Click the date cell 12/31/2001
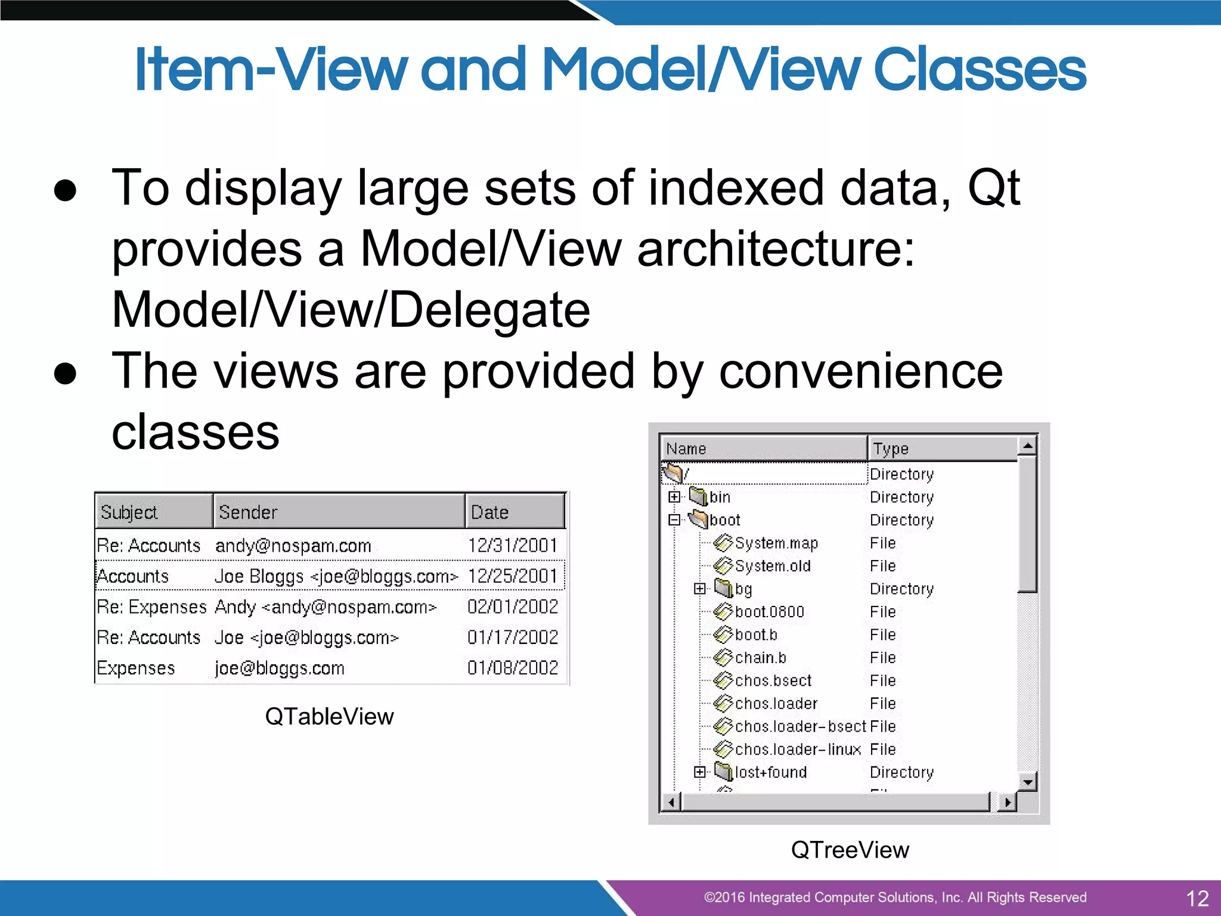[x=513, y=545]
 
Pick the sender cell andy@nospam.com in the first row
[x=293, y=545]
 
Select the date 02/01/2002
[x=513, y=606]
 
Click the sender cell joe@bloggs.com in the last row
[x=280, y=668]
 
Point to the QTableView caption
[x=329, y=716]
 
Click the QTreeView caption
[x=850, y=850]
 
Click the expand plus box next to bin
[x=674, y=497]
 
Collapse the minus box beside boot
[x=674, y=520]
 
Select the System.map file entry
[x=776, y=543]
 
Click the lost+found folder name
[x=770, y=772]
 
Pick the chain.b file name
[x=760, y=658]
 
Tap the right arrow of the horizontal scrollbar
[x=1007, y=802]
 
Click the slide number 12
[x=1197, y=898]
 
